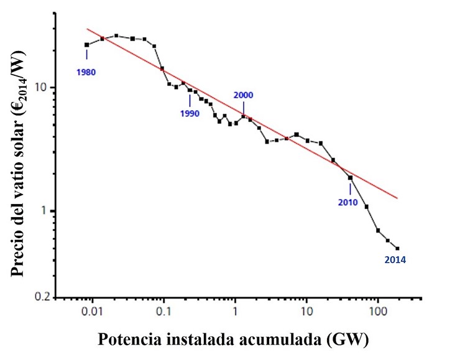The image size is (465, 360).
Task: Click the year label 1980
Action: coord(86,72)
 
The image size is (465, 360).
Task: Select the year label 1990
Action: coord(190,113)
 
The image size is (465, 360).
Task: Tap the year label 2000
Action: coord(244,95)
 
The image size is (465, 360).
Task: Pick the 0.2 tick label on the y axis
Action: coord(40,297)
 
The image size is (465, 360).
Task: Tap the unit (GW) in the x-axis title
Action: coord(351,340)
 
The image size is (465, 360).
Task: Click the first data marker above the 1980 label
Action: coord(87,45)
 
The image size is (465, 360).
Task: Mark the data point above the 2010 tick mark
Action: coord(350,178)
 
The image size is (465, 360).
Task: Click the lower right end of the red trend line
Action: coord(397,199)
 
